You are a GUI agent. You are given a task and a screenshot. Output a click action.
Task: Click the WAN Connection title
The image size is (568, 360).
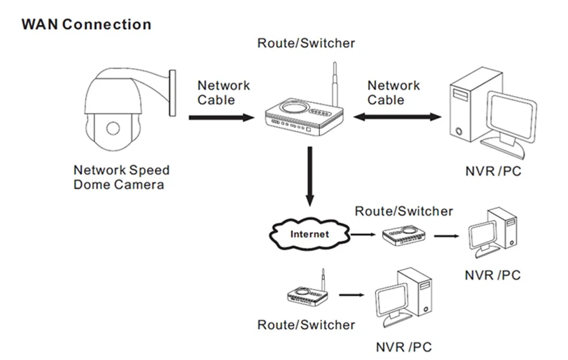pyautogui.click(x=86, y=24)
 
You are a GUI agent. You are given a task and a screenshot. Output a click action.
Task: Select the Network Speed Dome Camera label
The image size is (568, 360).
pyautogui.click(x=121, y=177)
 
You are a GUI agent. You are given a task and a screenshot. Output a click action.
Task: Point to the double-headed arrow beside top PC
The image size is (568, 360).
pyautogui.click(x=396, y=117)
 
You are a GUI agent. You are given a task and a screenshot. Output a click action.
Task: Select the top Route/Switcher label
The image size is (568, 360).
pyautogui.click(x=306, y=43)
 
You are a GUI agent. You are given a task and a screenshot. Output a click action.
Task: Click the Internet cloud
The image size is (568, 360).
pyautogui.click(x=310, y=233)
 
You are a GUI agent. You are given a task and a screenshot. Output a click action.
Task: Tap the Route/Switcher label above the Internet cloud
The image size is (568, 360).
pyautogui.click(x=404, y=212)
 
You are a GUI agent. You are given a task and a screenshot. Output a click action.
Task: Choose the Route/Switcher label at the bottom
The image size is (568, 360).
pyautogui.click(x=306, y=325)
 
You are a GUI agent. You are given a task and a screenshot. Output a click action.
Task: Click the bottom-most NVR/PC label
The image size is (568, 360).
pyautogui.click(x=404, y=346)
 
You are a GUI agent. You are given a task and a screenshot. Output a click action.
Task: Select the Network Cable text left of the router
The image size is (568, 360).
pyautogui.click(x=223, y=93)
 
